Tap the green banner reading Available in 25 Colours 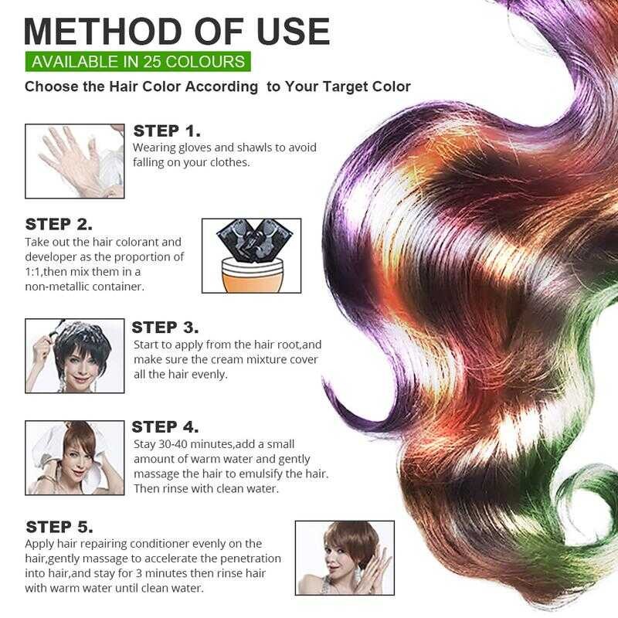click(138, 62)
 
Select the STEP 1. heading click(167, 131)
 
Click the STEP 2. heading click(59, 224)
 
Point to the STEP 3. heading click(165, 328)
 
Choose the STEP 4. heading click(165, 427)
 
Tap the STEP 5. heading click(59, 527)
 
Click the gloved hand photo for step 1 click(74, 161)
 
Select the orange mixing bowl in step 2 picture click(252, 275)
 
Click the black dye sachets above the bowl click(255, 236)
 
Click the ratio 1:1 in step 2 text click(33, 272)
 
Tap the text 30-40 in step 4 click(173, 444)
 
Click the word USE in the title click(294, 32)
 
